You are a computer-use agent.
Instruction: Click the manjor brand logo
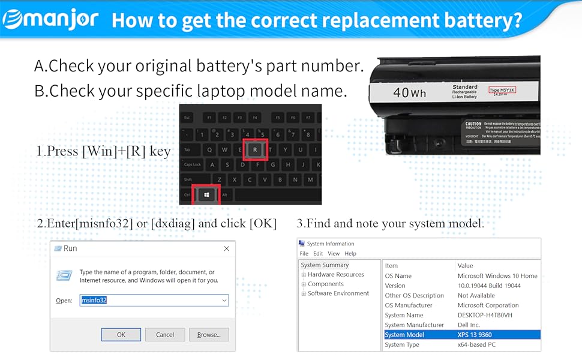50,19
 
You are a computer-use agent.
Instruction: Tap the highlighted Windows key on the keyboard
206,195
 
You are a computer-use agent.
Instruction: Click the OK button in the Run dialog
121,335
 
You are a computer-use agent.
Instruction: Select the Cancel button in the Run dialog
164,335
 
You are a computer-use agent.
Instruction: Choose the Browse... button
208,335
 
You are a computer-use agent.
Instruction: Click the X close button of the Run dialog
226,248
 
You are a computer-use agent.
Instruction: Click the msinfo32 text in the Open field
94,300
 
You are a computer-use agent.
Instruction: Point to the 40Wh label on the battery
409,93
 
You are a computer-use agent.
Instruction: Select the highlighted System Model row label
404,335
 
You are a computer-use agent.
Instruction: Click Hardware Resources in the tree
335,274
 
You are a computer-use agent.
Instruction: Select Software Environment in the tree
338,293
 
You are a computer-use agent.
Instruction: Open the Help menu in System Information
350,253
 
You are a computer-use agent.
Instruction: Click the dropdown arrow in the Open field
224,300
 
